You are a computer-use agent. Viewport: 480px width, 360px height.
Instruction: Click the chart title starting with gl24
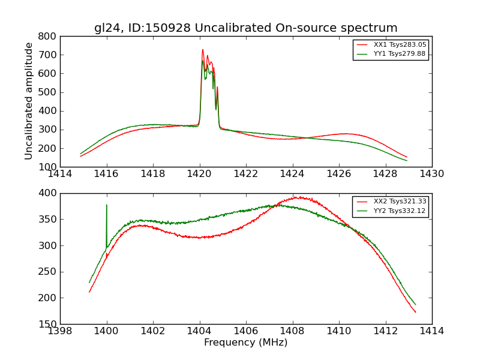coord(245,28)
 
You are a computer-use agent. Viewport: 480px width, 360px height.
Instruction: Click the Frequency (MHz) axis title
coord(245,343)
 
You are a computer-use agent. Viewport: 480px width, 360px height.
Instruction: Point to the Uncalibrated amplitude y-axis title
coord(29,101)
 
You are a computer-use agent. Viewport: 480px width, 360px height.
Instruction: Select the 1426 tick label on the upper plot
coord(339,174)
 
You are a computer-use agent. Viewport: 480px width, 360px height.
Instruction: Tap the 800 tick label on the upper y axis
coord(49,37)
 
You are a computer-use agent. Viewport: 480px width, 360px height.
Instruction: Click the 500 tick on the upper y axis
coord(49,92)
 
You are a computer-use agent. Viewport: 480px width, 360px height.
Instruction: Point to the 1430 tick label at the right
coord(431,174)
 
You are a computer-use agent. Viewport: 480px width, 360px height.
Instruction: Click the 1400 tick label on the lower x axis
coord(107,331)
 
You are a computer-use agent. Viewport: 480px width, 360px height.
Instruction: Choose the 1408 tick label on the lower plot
coord(292,331)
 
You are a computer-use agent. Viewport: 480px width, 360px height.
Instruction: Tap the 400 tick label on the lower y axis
coord(49,193)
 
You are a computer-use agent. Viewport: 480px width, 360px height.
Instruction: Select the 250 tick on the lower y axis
coord(49,272)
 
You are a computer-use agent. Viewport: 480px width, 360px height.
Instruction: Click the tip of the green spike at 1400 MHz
coord(107,205)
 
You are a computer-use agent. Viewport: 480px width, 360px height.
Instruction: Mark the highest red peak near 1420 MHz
coord(203,49)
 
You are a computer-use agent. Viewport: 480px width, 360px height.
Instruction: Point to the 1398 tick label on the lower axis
coord(60,331)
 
